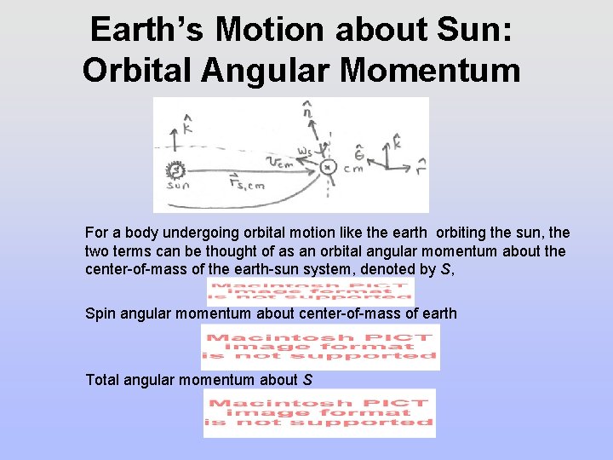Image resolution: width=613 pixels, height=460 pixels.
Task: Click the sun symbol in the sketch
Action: [x=177, y=170]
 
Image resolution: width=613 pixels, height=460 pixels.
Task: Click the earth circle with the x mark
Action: [x=329, y=167]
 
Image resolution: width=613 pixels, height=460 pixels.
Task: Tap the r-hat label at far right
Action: [x=421, y=164]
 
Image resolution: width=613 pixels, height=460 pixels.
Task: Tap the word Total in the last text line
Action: [x=103, y=380]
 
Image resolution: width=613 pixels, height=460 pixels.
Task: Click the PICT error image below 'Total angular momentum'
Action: [x=319, y=413]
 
